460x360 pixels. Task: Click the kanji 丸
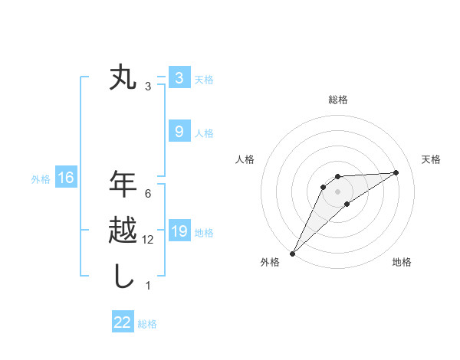point(123,78)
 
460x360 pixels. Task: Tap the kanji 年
point(123,185)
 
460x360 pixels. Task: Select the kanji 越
point(123,230)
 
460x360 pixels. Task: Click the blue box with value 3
point(179,77)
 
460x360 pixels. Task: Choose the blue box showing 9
point(179,132)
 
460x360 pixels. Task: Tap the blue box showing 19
point(179,231)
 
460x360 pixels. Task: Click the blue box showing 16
point(66,178)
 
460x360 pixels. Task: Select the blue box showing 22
point(123,322)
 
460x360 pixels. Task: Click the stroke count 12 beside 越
point(148,240)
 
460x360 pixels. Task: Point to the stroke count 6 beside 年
point(148,194)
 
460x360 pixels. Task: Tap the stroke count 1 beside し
point(148,286)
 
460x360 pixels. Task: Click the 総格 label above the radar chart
point(338,100)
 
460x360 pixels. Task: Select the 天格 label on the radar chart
point(432,159)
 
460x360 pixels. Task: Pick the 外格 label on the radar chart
point(270,262)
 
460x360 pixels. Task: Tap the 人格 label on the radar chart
point(245,159)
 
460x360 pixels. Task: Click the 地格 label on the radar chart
point(402,262)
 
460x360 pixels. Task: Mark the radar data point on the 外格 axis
point(292,253)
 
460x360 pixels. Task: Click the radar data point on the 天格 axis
point(396,172)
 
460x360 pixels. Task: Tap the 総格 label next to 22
point(147,323)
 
